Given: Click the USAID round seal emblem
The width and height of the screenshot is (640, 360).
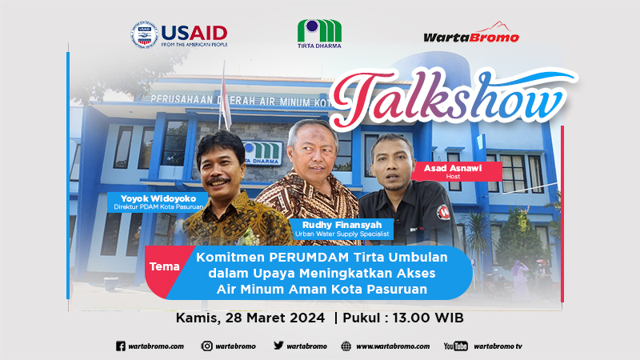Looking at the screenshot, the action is tap(144, 34).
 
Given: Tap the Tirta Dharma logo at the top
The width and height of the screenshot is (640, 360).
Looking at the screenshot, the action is tap(319, 34).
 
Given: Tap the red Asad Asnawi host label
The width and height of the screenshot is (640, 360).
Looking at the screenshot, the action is tap(456, 171).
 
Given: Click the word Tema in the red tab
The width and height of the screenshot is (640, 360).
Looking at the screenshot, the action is tap(165, 266).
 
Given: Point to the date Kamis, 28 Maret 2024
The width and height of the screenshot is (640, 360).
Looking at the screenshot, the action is tap(250, 318).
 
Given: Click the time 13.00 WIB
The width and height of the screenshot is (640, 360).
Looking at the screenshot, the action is tap(428, 318).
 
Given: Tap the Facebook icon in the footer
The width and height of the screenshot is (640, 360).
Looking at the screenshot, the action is tap(121, 346).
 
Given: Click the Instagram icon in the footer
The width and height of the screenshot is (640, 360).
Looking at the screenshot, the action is tap(207, 346).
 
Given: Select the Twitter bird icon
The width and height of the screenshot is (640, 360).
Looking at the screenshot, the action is tap(278, 346).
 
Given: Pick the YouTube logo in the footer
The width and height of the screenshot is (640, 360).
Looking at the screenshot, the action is tap(455, 346).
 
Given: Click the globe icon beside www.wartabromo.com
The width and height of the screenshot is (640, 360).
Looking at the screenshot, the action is tap(346, 346).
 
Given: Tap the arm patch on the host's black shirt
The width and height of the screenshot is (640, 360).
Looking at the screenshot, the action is tap(443, 212).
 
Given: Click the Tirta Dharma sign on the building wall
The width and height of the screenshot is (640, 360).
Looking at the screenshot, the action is tap(262, 154).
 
